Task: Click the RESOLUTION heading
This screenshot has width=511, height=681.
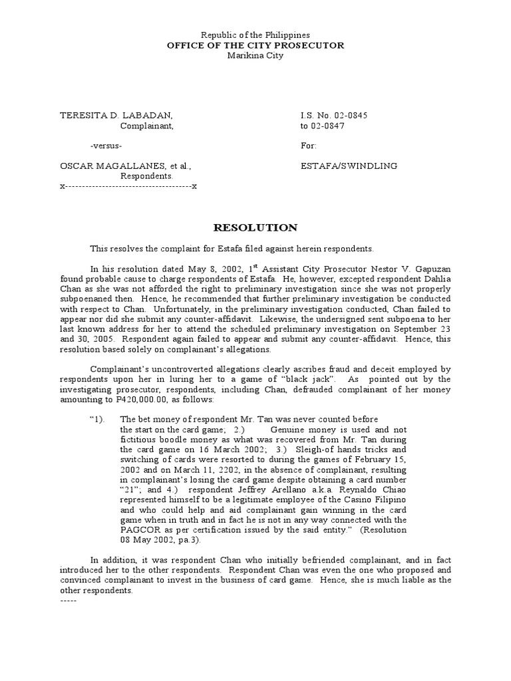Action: point(255,227)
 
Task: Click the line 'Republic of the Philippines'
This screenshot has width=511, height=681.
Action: point(255,35)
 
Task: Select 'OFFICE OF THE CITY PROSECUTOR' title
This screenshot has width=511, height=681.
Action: point(255,45)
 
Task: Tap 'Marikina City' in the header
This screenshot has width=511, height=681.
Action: point(255,56)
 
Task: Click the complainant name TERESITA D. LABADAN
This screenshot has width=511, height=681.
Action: point(117,116)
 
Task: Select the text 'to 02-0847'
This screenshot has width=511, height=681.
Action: point(323,126)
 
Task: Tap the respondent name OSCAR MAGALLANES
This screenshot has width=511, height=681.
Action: point(116,166)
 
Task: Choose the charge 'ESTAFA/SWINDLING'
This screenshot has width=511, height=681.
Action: point(349,166)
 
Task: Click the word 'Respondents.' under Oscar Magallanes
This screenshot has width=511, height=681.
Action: point(146,176)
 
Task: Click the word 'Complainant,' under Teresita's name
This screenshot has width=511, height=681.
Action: point(146,126)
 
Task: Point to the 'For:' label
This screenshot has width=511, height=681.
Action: point(309,146)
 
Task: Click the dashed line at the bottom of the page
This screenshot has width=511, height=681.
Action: point(69,601)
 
